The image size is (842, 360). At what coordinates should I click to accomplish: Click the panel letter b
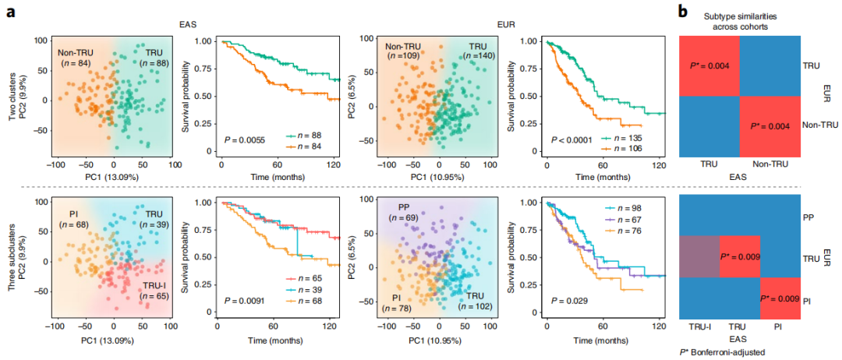click(683, 11)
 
